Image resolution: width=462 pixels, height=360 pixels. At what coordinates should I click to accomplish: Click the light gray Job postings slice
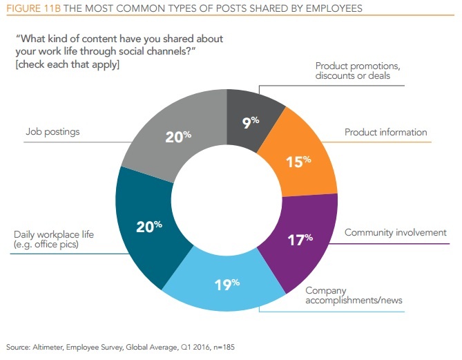click(177, 137)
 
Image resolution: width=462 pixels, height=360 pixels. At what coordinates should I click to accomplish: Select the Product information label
click(386, 132)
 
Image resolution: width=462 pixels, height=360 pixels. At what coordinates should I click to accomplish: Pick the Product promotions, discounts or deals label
click(358, 71)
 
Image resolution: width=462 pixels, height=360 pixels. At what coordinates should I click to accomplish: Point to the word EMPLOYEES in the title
click(322, 8)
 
